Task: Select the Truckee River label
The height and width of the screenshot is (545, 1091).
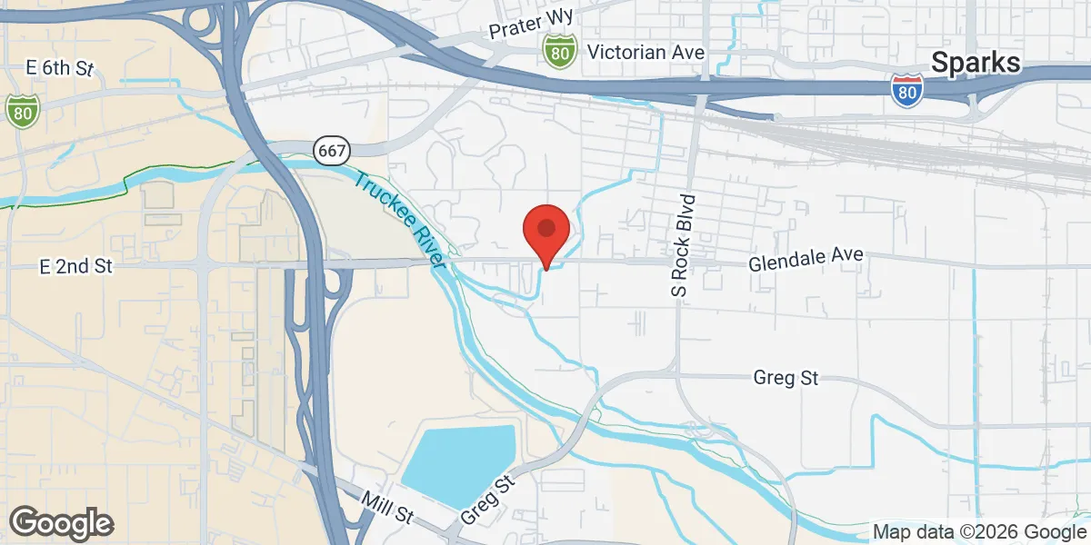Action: [x=397, y=219]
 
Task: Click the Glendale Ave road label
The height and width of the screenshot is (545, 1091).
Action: [x=805, y=260]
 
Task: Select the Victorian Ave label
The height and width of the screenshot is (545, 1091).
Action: [x=646, y=52]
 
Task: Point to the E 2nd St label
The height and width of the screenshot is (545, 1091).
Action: [x=75, y=266]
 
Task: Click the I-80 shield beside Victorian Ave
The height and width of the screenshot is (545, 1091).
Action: [x=559, y=52]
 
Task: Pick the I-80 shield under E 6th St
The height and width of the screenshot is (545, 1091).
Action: [x=22, y=110]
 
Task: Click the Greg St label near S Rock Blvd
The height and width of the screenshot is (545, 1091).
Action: [x=786, y=378]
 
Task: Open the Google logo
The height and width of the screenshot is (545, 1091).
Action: [x=61, y=523]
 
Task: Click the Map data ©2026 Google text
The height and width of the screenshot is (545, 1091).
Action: [x=978, y=531]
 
